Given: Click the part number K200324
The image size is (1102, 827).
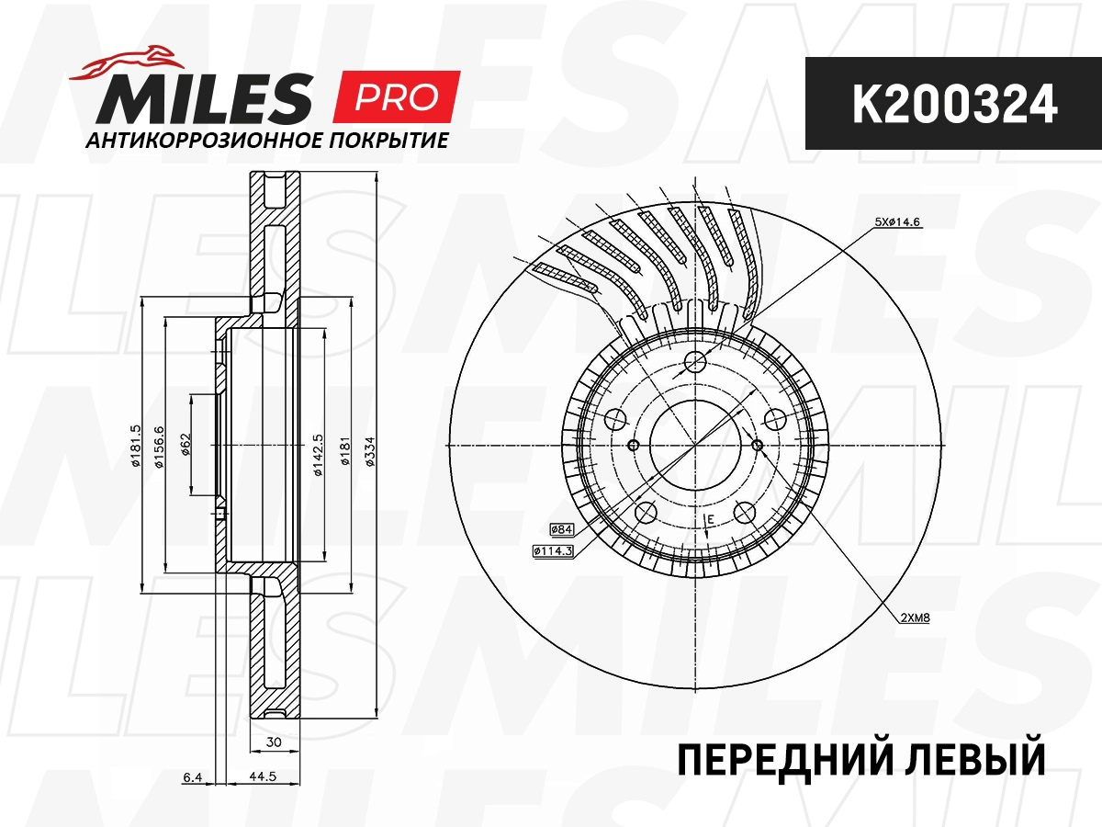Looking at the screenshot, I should pos(953,105).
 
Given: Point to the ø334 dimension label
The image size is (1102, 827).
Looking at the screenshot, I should pos(367,446).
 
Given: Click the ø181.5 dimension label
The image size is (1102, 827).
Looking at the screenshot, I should pos(134,446).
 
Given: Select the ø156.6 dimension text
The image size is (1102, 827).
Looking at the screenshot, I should pos(159,446).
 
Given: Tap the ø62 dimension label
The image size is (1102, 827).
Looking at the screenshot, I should pos(184,446).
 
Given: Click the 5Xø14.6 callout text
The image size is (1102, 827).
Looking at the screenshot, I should pos(896,221).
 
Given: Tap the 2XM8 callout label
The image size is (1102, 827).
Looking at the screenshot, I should pos(915,617).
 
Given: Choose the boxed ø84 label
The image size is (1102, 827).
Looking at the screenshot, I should pos(561,529).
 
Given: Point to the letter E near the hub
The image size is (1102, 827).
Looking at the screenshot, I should pos(710,522).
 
